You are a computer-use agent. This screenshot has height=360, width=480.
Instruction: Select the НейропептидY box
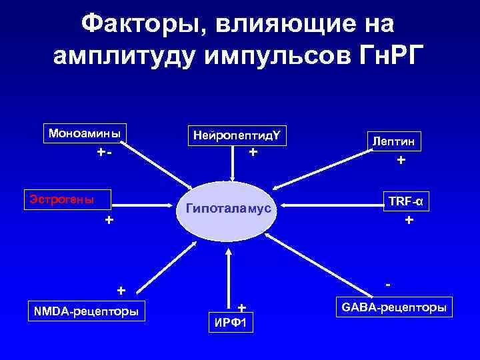click(x=237, y=136)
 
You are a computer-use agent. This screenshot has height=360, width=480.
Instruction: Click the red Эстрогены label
click(x=60, y=199)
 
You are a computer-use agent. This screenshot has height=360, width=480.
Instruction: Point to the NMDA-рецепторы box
click(x=87, y=311)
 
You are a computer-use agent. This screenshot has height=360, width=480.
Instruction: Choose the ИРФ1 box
click(x=231, y=324)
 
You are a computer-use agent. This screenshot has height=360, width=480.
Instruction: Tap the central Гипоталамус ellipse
click(x=229, y=209)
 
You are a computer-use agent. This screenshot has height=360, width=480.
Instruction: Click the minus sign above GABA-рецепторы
click(x=388, y=284)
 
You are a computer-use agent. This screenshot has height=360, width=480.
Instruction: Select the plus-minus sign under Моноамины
click(x=103, y=152)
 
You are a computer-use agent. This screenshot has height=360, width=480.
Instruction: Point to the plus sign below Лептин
click(x=401, y=160)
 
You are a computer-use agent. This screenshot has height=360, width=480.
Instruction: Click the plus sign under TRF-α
click(x=409, y=219)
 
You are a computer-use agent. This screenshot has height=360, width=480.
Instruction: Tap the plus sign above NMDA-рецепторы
click(x=121, y=291)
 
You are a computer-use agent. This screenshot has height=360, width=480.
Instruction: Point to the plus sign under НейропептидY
click(x=253, y=152)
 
